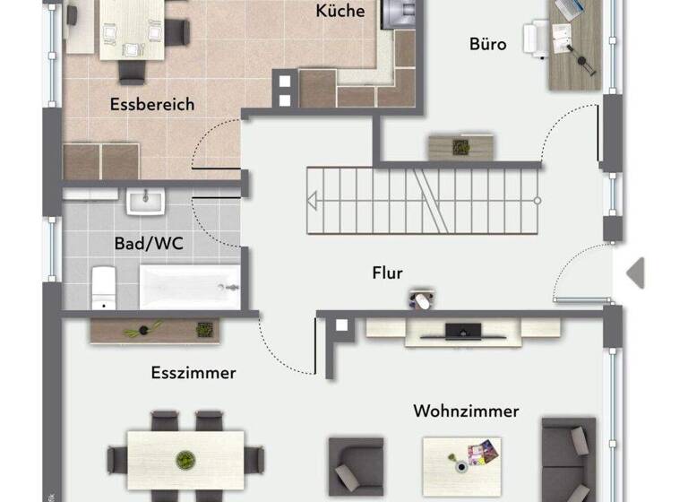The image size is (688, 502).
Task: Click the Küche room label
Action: coord(340,12)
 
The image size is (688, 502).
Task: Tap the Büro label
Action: coord(487,44)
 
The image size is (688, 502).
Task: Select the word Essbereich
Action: coord(152,105)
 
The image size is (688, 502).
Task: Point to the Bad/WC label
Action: coord(149,243)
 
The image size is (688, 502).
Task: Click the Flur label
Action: coord(388,273)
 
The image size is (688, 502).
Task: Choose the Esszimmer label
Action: coord(193,373)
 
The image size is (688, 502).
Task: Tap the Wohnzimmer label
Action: coord(466,411)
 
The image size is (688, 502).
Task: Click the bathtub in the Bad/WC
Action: coord(190,287)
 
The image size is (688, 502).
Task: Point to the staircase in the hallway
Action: coord(423,201)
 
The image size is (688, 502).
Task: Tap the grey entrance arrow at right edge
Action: coord(635,273)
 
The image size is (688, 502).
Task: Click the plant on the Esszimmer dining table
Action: coord(185,460)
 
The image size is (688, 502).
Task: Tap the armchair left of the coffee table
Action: coord(356,465)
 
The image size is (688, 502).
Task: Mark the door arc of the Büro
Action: coord(566,134)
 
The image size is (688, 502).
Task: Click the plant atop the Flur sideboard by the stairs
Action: coord(461,145)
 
